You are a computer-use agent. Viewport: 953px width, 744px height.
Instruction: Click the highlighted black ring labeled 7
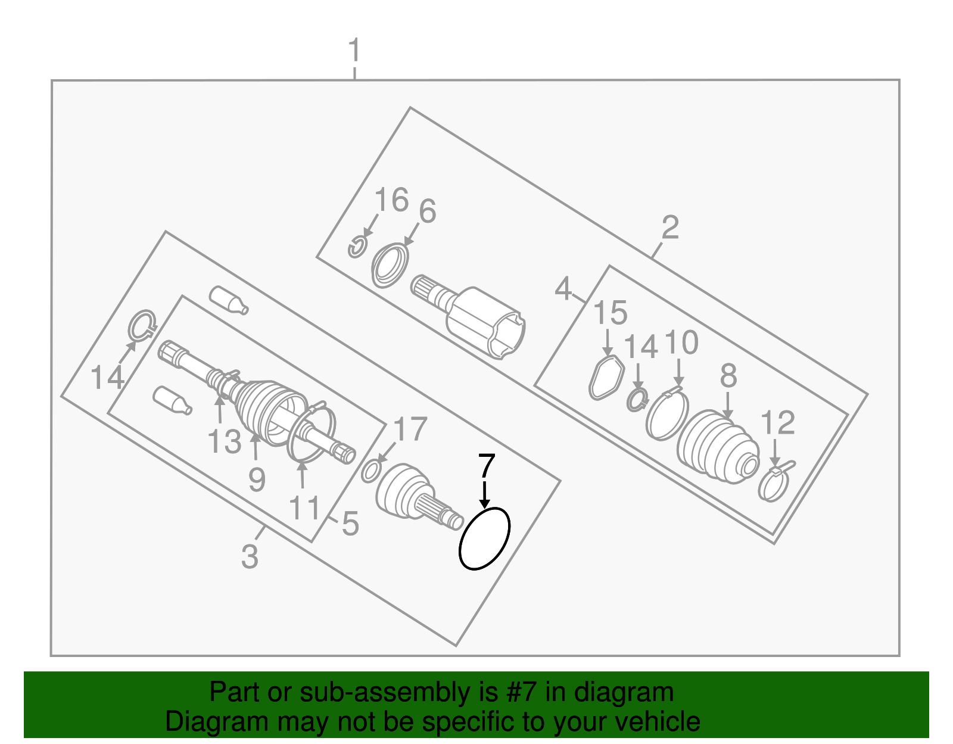coord(484,538)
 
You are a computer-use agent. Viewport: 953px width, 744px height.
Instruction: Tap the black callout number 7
coord(487,466)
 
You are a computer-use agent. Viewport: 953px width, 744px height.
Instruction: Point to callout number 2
coord(670,228)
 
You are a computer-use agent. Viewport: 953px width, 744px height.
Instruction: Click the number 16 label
coord(392,200)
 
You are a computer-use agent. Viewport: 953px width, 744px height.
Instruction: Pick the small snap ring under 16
coord(357,247)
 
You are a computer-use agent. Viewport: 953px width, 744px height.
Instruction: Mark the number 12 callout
coord(778,424)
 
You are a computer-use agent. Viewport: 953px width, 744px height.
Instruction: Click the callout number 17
coord(411,429)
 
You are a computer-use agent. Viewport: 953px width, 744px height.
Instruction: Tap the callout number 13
coord(224,442)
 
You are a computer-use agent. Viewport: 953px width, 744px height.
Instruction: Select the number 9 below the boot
coord(257,479)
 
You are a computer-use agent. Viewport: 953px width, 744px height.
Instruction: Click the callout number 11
coord(304,508)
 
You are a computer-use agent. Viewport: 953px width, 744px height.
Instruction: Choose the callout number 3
coord(250,556)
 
